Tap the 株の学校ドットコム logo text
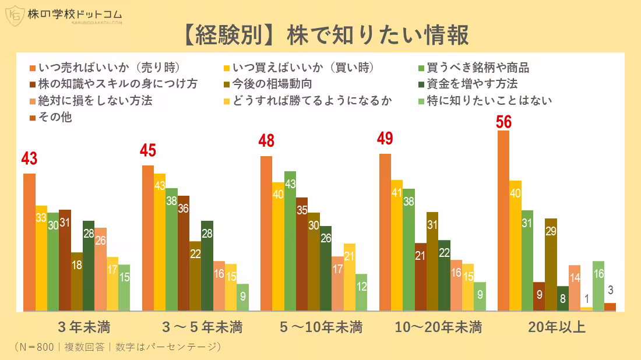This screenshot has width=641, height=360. pyautogui.click(x=75, y=14)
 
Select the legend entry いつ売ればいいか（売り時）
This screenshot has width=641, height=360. pyautogui.click(x=108, y=67)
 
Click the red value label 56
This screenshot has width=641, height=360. pyautogui.click(x=504, y=122)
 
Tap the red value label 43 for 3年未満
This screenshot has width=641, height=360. pyautogui.click(x=29, y=158)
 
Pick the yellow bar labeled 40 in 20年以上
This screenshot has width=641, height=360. pyautogui.click(x=515, y=245)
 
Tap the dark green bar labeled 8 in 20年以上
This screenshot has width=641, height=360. pyautogui.click(x=563, y=298)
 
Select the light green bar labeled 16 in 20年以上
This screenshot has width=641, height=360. pyautogui.click(x=598, y=285)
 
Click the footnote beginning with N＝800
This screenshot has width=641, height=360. pyautogui.click(x=117, y=347)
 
